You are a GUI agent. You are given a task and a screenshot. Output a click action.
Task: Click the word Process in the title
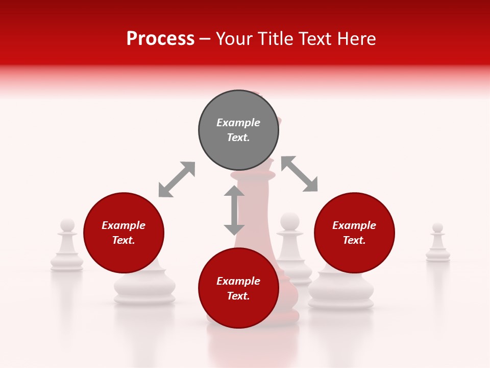pyautogui.click(x=160, y=38)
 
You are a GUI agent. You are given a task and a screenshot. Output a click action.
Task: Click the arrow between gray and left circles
pyautogui.click(x=177, y=179)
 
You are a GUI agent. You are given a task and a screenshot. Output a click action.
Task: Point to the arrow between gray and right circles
pyautogui.click(x=300, y=174)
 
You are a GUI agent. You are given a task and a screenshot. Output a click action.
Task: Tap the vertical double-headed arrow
pyautogui.click(x=234, y=210)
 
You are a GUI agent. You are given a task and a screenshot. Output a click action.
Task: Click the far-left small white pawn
pyautogui.click(x=67, y=248)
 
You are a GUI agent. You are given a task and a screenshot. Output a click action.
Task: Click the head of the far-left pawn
pyautogui.click(x=67, y=225)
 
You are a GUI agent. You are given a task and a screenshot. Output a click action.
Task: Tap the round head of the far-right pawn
pyautogui.click(x=438, y=227)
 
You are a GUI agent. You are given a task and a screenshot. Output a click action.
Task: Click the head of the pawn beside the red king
pyautogui.click(x=290, y=221)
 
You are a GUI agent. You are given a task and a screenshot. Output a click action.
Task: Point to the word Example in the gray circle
pyautogui.click(x=238, y=123)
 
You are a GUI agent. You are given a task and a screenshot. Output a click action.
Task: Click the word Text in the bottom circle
pyautogui.click(x=237, y=296)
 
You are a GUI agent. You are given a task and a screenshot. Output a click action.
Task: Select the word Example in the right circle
pyautogui.click(x=354, y=225)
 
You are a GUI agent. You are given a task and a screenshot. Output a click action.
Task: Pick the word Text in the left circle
pyautogui.click(x=122, y=240)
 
